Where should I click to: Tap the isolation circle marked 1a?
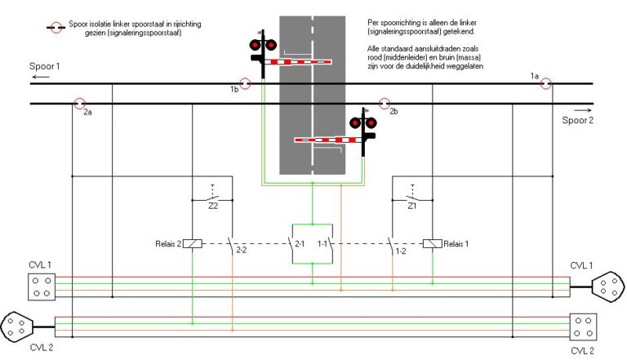[546, 82]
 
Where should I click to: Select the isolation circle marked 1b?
[243, 82]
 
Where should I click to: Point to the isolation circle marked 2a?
[79, 104]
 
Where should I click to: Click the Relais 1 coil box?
[433, 242]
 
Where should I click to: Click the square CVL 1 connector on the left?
[40, 285]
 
